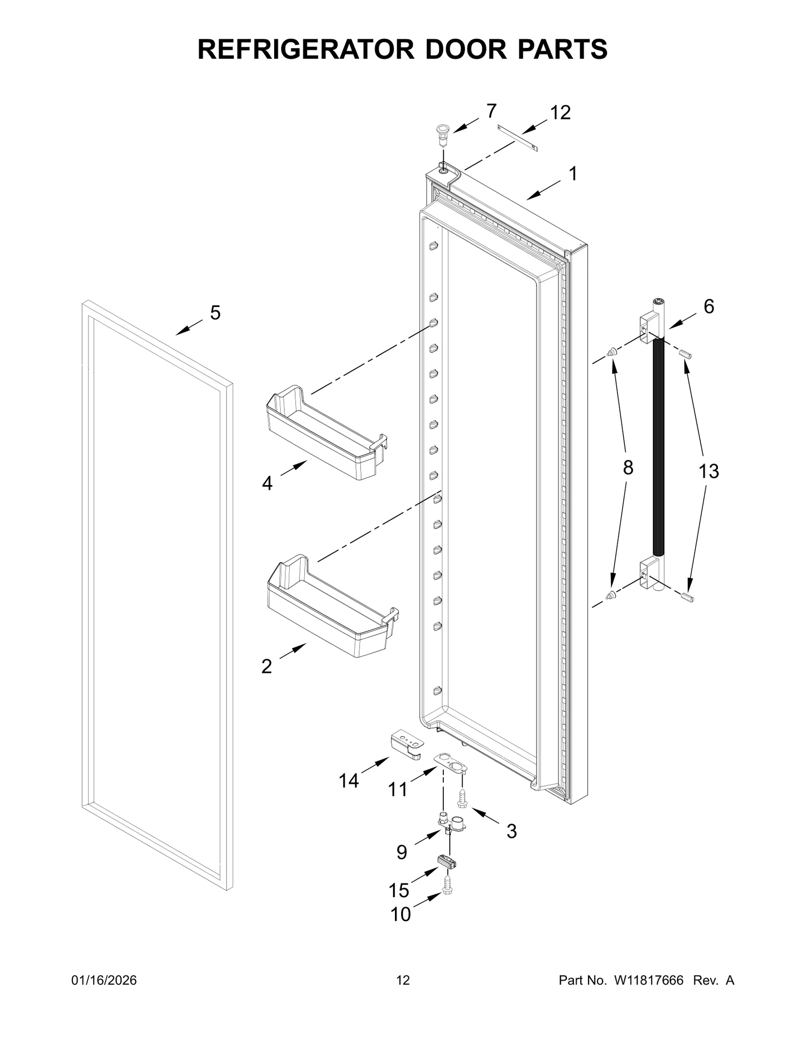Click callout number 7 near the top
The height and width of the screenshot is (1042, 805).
point(491,110)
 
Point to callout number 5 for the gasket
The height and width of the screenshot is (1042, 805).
point(215,313)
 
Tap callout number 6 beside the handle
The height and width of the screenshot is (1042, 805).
point(708,306)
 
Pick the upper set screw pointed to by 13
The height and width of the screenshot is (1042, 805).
point(686,355)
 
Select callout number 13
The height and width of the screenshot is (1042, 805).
point(708,471)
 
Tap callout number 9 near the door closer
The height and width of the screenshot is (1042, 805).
point(401,852)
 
